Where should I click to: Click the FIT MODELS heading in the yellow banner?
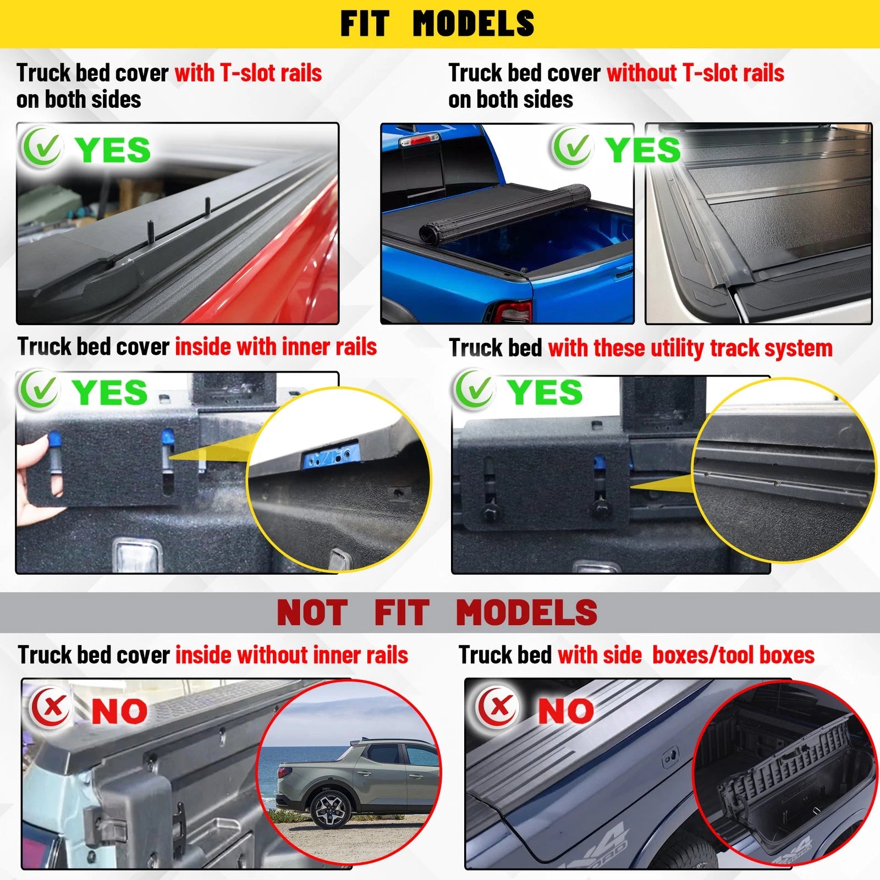(x=437, y=24)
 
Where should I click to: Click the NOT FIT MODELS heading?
(x=437, y=613)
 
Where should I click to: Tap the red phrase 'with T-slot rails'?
(x=248, y=73)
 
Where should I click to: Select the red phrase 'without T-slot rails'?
(x=695, y=73)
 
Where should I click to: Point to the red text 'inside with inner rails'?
(x=276, y=347)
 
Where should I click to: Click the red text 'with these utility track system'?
(x=690, y=348)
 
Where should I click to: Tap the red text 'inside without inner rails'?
(x=291, y=655)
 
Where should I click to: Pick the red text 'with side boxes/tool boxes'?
(x=686, y=655)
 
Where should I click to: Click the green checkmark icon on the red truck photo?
(x=41, y=147)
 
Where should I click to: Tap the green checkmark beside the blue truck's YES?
(x=572, y=147)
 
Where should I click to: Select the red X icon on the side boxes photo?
(x=498, y=707)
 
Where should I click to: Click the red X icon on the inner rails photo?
(x=51, y=707)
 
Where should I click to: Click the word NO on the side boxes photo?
(x=565, y=711)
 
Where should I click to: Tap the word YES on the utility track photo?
(x=544, y=392)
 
